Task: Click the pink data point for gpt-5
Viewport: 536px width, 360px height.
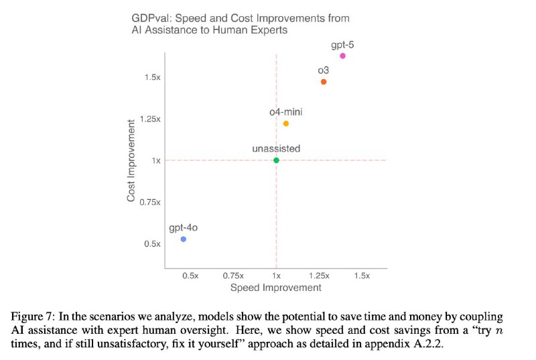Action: point(342,56)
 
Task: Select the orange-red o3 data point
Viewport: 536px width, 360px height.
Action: point(324,82)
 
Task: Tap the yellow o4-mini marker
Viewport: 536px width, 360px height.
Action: point(286,123)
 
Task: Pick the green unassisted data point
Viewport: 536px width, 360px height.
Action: point(276,160)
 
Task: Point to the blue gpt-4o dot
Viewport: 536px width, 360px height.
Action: point(184,239)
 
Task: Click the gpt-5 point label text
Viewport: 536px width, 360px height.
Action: point(342,44)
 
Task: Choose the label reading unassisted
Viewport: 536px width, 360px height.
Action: point(276,148)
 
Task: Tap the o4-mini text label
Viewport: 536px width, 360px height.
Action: point(286,112)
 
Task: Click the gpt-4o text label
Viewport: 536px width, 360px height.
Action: point(182,227)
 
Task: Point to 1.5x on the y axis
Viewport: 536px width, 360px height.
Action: point(152,78)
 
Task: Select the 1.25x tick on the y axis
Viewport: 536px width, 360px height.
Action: point(150,119)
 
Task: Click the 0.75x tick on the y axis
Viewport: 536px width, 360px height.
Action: point(150,202)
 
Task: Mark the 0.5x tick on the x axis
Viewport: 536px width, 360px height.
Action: point(191,276)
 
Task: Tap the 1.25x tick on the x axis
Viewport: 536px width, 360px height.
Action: point(319,276)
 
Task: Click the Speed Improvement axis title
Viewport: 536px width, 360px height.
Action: point(275,288)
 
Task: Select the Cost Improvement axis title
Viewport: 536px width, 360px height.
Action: point(131,161)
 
